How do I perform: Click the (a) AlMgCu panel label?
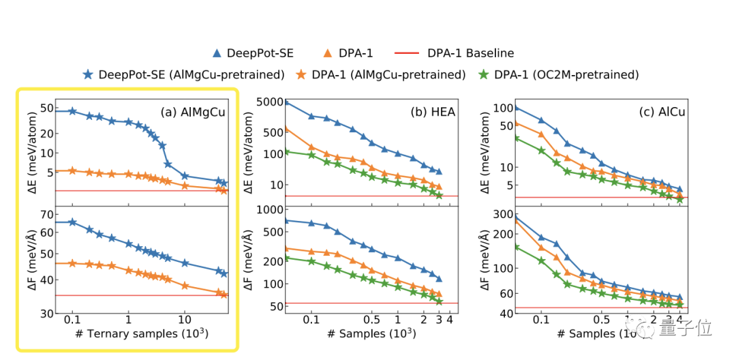(193, 112)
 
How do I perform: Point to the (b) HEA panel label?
(433, 112)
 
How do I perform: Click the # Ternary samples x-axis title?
(149, 334)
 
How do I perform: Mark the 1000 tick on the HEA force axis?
(271, 209)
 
